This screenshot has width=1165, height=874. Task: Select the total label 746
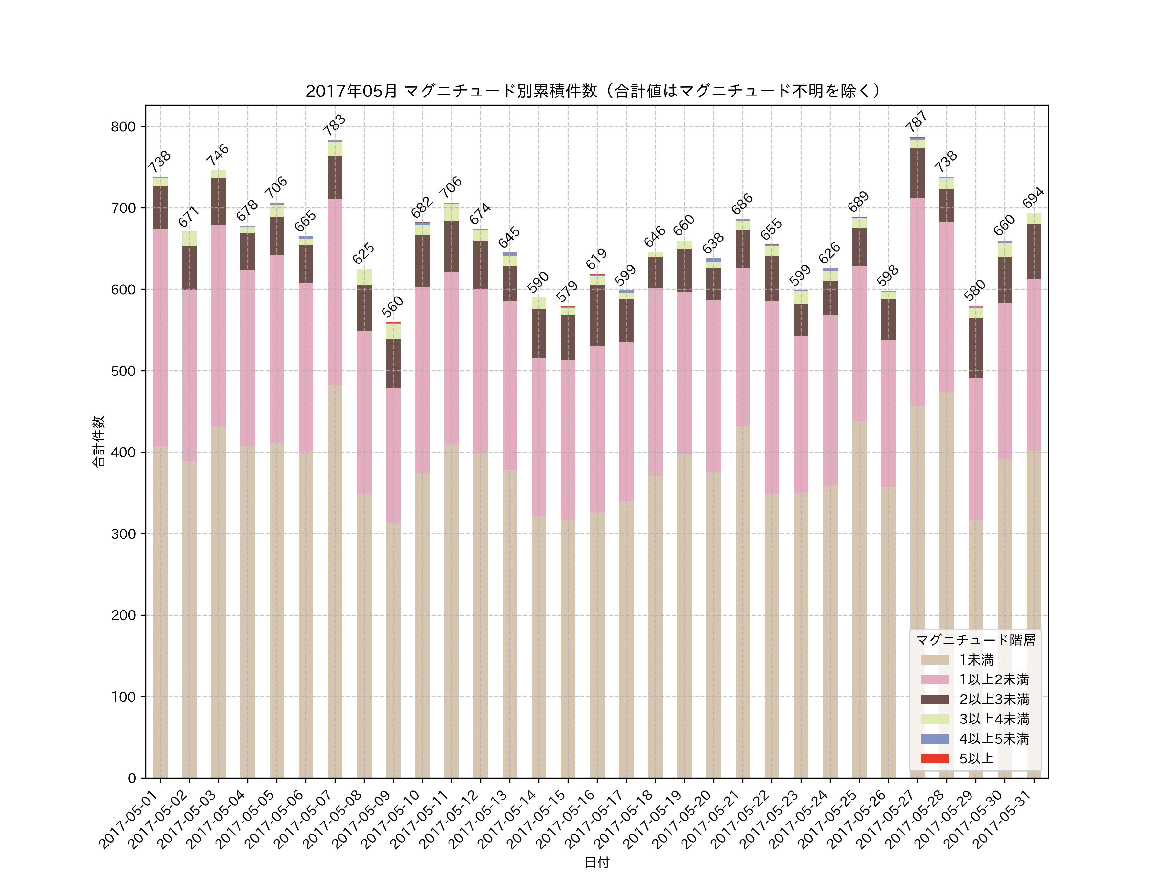[217, 154]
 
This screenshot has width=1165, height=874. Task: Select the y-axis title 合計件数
[98, 442]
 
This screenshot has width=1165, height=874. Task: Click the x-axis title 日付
[597, 862]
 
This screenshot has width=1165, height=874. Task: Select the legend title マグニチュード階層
[975, 640]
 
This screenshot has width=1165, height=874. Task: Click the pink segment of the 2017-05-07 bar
[335, 292]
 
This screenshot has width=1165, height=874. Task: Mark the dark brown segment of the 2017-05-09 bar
[393, 364]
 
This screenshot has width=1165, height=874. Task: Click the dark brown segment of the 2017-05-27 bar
[917, 173]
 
